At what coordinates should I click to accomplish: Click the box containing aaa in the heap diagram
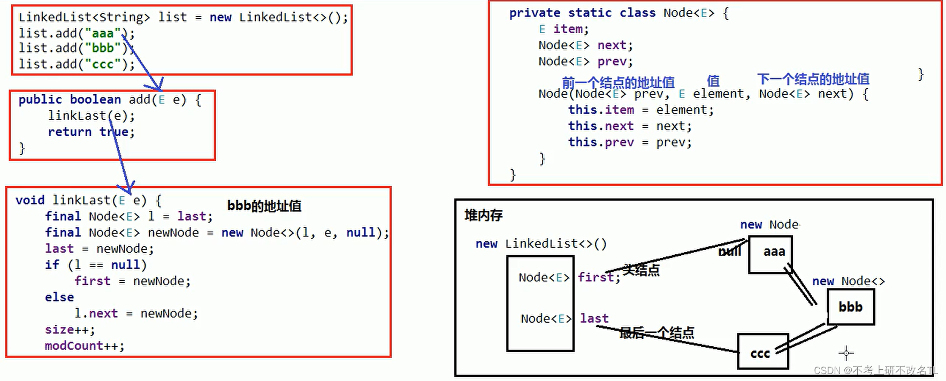(770, 255)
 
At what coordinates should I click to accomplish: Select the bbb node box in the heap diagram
(851, 307)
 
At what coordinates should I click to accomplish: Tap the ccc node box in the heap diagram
(762, 352)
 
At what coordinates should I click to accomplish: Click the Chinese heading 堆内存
(484, 215)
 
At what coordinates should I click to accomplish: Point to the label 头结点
(641, 270)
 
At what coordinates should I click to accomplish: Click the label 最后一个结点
(657, 333)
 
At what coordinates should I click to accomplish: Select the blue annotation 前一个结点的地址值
(618, 82)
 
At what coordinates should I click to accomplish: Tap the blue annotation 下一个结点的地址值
(813, 79)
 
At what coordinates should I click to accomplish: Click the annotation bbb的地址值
(264, 206)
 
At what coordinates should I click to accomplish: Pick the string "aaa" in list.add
(103, 33)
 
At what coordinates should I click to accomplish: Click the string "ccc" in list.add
(103, 64)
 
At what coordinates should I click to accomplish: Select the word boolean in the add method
(95, 100)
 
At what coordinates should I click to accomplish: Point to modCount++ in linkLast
(84, 346)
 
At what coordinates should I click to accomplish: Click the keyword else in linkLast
(59, 297)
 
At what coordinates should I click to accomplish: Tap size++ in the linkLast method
(70, 330)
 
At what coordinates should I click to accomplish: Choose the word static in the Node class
(590, 13)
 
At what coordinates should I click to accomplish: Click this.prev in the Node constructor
(600, 142)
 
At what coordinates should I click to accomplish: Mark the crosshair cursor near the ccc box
(846, 353)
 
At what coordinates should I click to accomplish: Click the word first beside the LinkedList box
(596, 277)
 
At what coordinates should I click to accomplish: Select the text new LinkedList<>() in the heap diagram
(541, 244)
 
